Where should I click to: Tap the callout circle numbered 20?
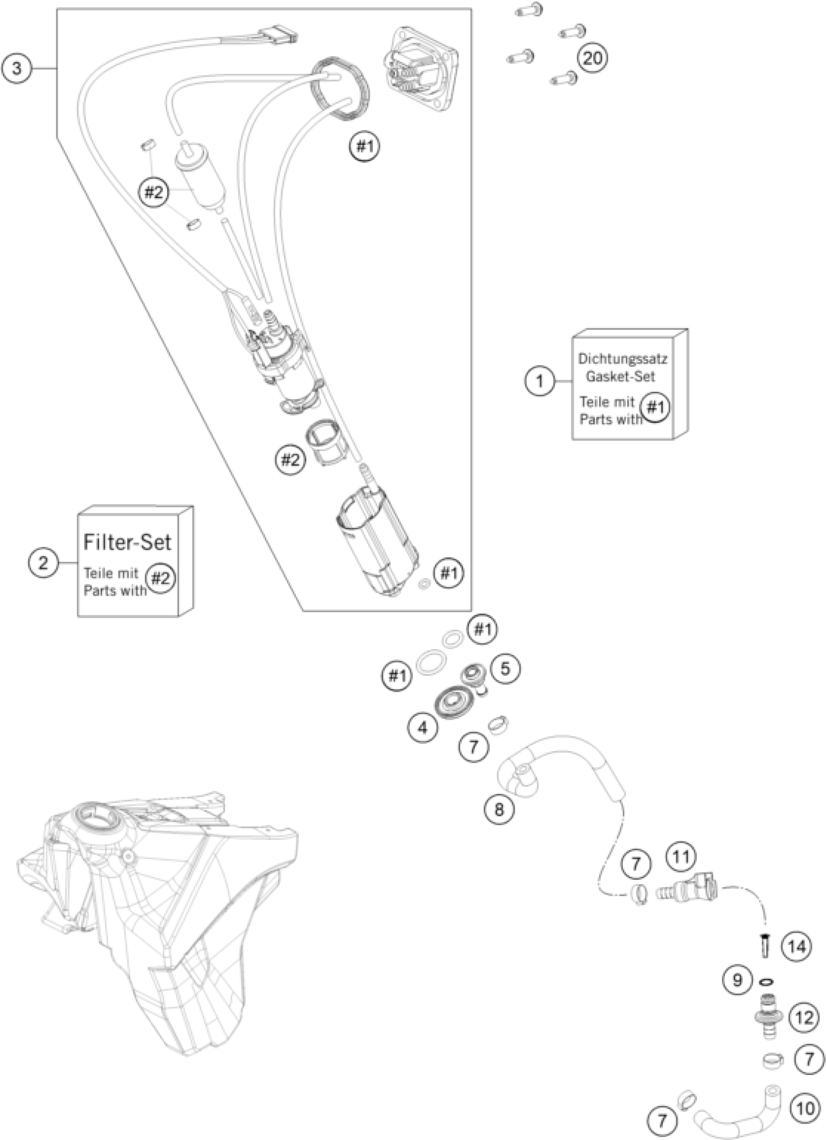click(592, 58)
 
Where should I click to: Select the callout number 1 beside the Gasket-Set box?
click(540, 381)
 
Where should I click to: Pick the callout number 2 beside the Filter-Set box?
click(43, 562)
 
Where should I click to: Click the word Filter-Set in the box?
click(127, 542)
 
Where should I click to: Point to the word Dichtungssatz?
click(623, 359)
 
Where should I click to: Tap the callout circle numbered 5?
click(505, 668)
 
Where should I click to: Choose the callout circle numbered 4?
click(423, 727)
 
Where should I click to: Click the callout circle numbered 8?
click(499, 809)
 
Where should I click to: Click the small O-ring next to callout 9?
click(767, 981)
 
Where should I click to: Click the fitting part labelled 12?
click(767, 1017)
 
